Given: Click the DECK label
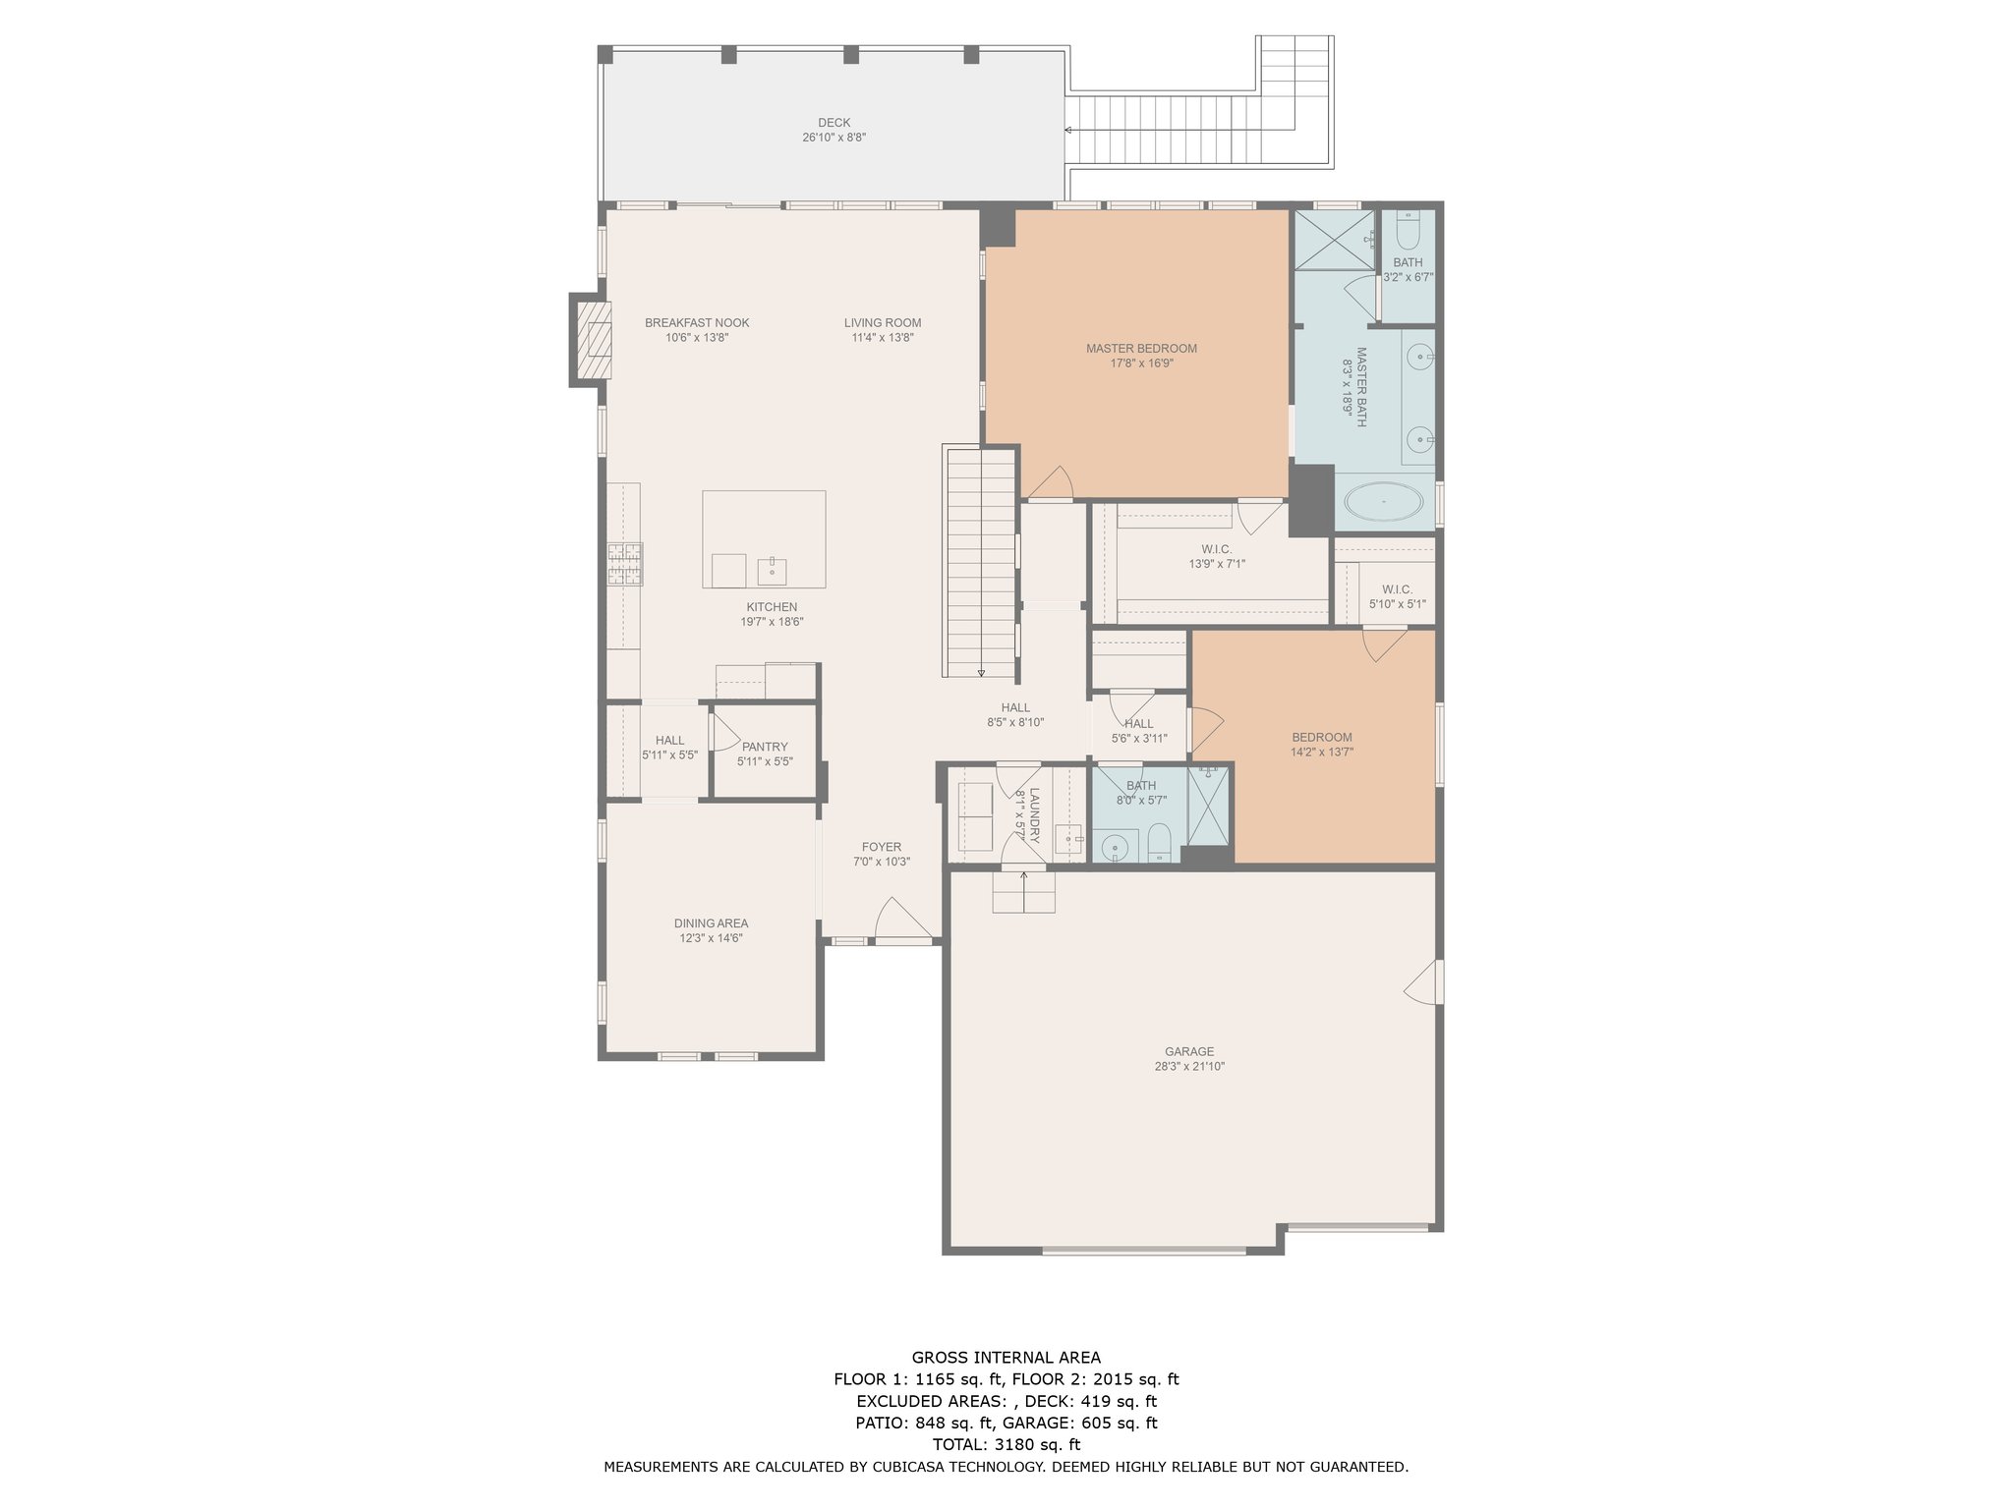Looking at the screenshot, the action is (834, 123).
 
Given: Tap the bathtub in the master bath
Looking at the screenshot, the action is (1383, 502).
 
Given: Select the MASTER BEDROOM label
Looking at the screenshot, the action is (1141, 349).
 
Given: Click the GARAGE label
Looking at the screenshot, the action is (1189, 1051).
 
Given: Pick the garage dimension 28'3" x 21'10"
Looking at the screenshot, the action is (1189, 1067).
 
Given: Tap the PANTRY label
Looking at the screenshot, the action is (765, 747).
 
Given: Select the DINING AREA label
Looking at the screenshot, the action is (711, 923).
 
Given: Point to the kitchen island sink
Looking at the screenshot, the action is (772, 570).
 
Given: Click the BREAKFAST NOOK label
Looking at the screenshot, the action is (697, 323).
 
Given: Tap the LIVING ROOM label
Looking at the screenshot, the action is (883, 323).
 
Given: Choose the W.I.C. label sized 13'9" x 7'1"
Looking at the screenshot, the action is (1216, 549).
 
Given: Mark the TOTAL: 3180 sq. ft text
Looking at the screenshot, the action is (1006, 1444).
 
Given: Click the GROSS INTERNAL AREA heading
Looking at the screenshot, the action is (1006, 1358).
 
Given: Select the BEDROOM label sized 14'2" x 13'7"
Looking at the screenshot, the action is (1322, 738).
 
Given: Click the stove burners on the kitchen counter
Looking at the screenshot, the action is (624, 564).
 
